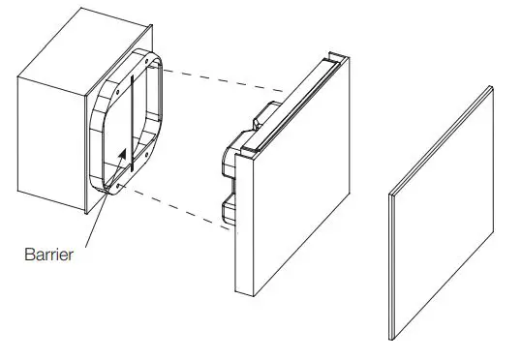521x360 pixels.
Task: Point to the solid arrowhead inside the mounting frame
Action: (x=122, y=153)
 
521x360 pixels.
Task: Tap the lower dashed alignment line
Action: (x=174, y=208)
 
